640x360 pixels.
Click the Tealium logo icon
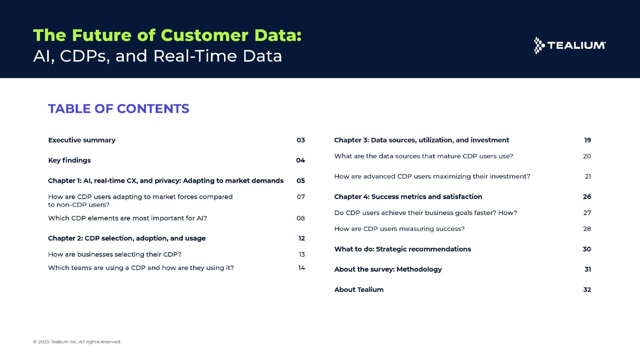[539, 46]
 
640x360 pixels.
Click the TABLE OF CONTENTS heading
[119, 109]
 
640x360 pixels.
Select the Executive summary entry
[82, 140]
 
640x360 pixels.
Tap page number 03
[301, 140]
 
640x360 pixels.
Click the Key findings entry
[69, 160]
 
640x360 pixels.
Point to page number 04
[300, 160]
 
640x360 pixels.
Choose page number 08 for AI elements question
[301, 218]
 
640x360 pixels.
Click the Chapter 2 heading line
[127, 238]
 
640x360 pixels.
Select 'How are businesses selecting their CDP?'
[115, 254]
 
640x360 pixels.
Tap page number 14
[302, 268]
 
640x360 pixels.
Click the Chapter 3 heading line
[422, 140]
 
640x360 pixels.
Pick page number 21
[588, 176]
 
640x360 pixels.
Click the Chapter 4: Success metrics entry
[408, 197]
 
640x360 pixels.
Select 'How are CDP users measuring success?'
[399, 229]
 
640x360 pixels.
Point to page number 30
[587, 249]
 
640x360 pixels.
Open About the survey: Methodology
[388, 269]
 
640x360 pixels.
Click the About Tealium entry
[359, 290]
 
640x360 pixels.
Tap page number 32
[587, 290]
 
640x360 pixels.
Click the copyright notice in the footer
[77, 342]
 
